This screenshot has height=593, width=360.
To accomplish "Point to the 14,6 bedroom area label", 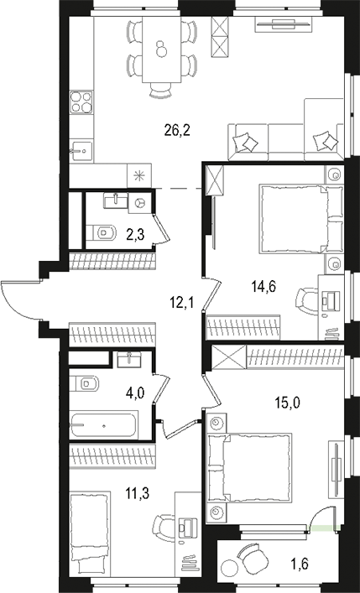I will point(264,286).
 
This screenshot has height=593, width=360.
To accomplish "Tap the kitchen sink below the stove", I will point(81,151).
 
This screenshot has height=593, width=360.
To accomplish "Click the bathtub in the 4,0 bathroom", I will point(104,425).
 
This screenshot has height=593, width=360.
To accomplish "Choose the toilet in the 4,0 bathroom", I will point(87,384).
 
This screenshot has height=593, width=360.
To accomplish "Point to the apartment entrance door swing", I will point(18,298).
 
